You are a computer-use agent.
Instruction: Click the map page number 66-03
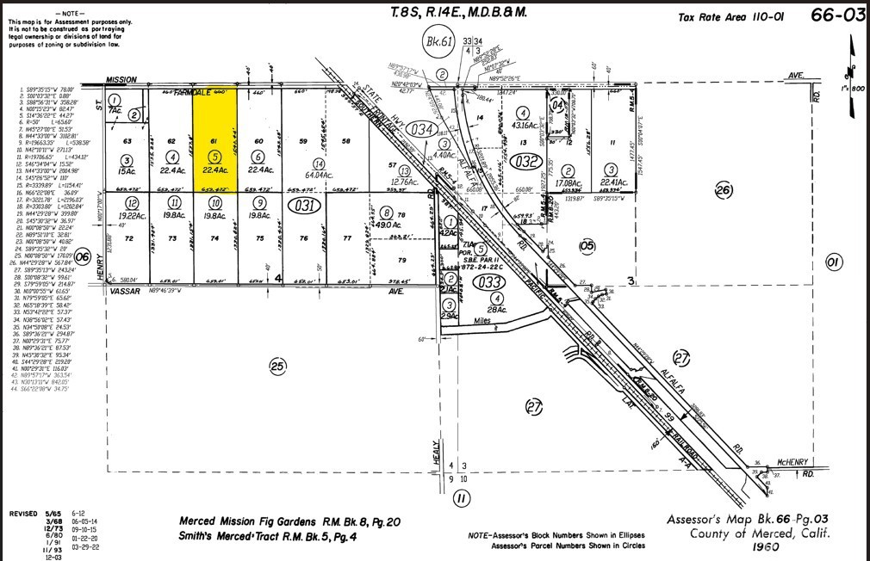[837, 15]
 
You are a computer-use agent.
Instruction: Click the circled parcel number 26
[723, 189]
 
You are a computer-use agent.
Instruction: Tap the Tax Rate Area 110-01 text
[727, 17]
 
